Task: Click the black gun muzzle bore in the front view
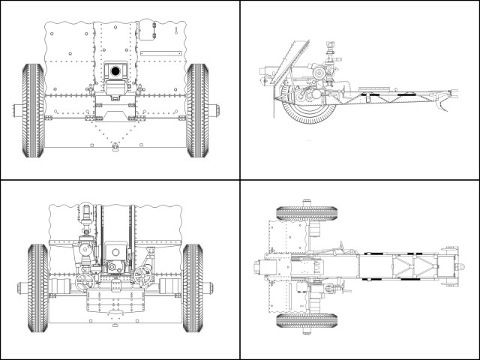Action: click(115, 71)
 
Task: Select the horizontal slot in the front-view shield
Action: click(160, 52)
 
